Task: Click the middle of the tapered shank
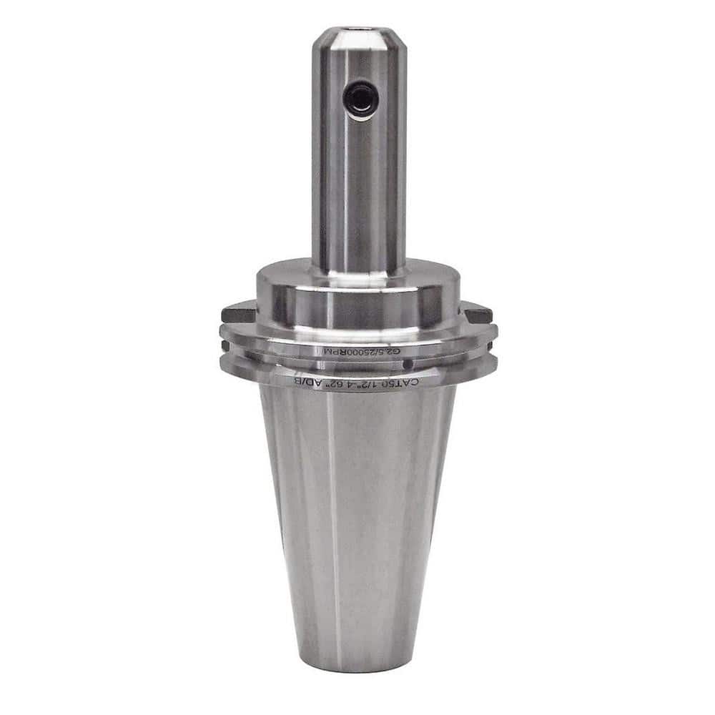(x=357, y=515)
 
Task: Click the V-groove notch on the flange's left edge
(x=225, y=345)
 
